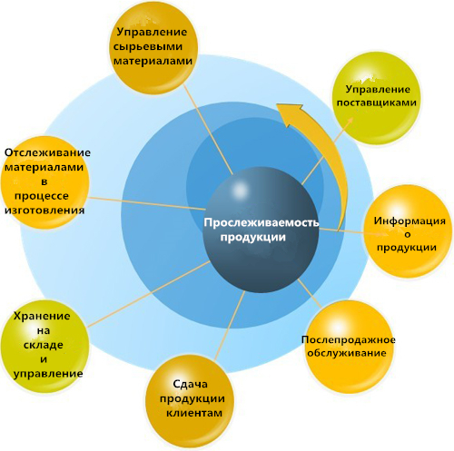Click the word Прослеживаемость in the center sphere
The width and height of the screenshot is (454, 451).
click(x=262, y=222)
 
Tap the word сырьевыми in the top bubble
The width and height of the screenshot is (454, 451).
click(x=148, y=46)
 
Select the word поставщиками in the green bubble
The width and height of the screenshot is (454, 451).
click(x=377, y=103)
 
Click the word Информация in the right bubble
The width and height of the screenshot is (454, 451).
click(x=410, y=221)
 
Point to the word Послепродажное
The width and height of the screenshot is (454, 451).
click(x=349, y=340)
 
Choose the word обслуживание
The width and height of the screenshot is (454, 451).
click(x=347, y=353)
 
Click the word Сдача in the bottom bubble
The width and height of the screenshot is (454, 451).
click(x=191, y=384)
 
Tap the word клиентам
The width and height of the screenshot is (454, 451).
click(x=194, y=413)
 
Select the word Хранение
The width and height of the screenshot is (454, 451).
click(x=42, y=316)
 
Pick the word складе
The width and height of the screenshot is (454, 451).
click(x=44, y=345)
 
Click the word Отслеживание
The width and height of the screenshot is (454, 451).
click(x=47, y=152)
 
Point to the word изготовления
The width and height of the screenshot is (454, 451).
click(x=44, y=211)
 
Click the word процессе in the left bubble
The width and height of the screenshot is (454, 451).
click(x=42, y=196)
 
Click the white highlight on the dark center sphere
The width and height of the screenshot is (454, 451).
click(x=241, y=191)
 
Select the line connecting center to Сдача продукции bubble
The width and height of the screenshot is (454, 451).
click(x=230, y=326)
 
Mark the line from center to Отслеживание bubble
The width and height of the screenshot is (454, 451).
click(x=147, y=203)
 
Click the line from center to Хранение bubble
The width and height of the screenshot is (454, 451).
click(x=148, y=294)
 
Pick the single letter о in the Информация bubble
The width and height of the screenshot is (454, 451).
click(x=408, y=235)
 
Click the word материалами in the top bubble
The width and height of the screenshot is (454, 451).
click(x=153, y=61)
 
